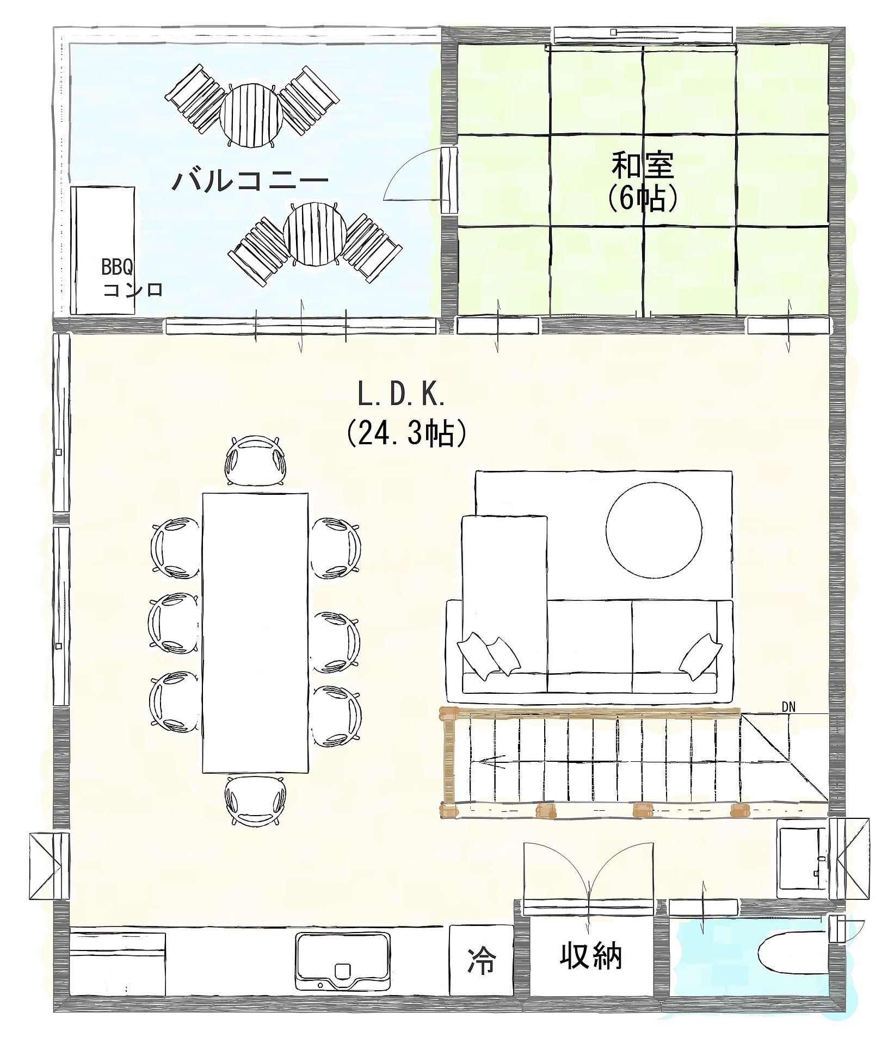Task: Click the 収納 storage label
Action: [590, 955]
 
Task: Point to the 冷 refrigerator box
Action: [482, 960]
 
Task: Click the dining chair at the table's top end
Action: [256, 460]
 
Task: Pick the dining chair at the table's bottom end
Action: [256, 801]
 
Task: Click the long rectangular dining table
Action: [255, 632]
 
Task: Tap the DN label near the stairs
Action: [788, 707]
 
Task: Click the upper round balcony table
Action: [252, 114]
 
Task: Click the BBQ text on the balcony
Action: [117, 267]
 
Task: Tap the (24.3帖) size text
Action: [406, 433]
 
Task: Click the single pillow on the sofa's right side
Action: [701, 657]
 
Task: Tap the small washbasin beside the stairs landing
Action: [802, 858]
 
